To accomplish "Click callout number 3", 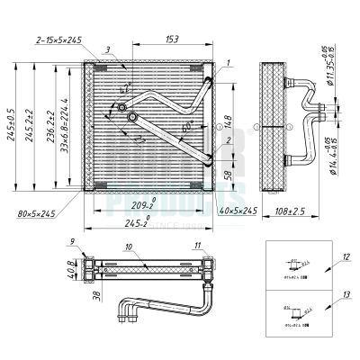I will [107, 49].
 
